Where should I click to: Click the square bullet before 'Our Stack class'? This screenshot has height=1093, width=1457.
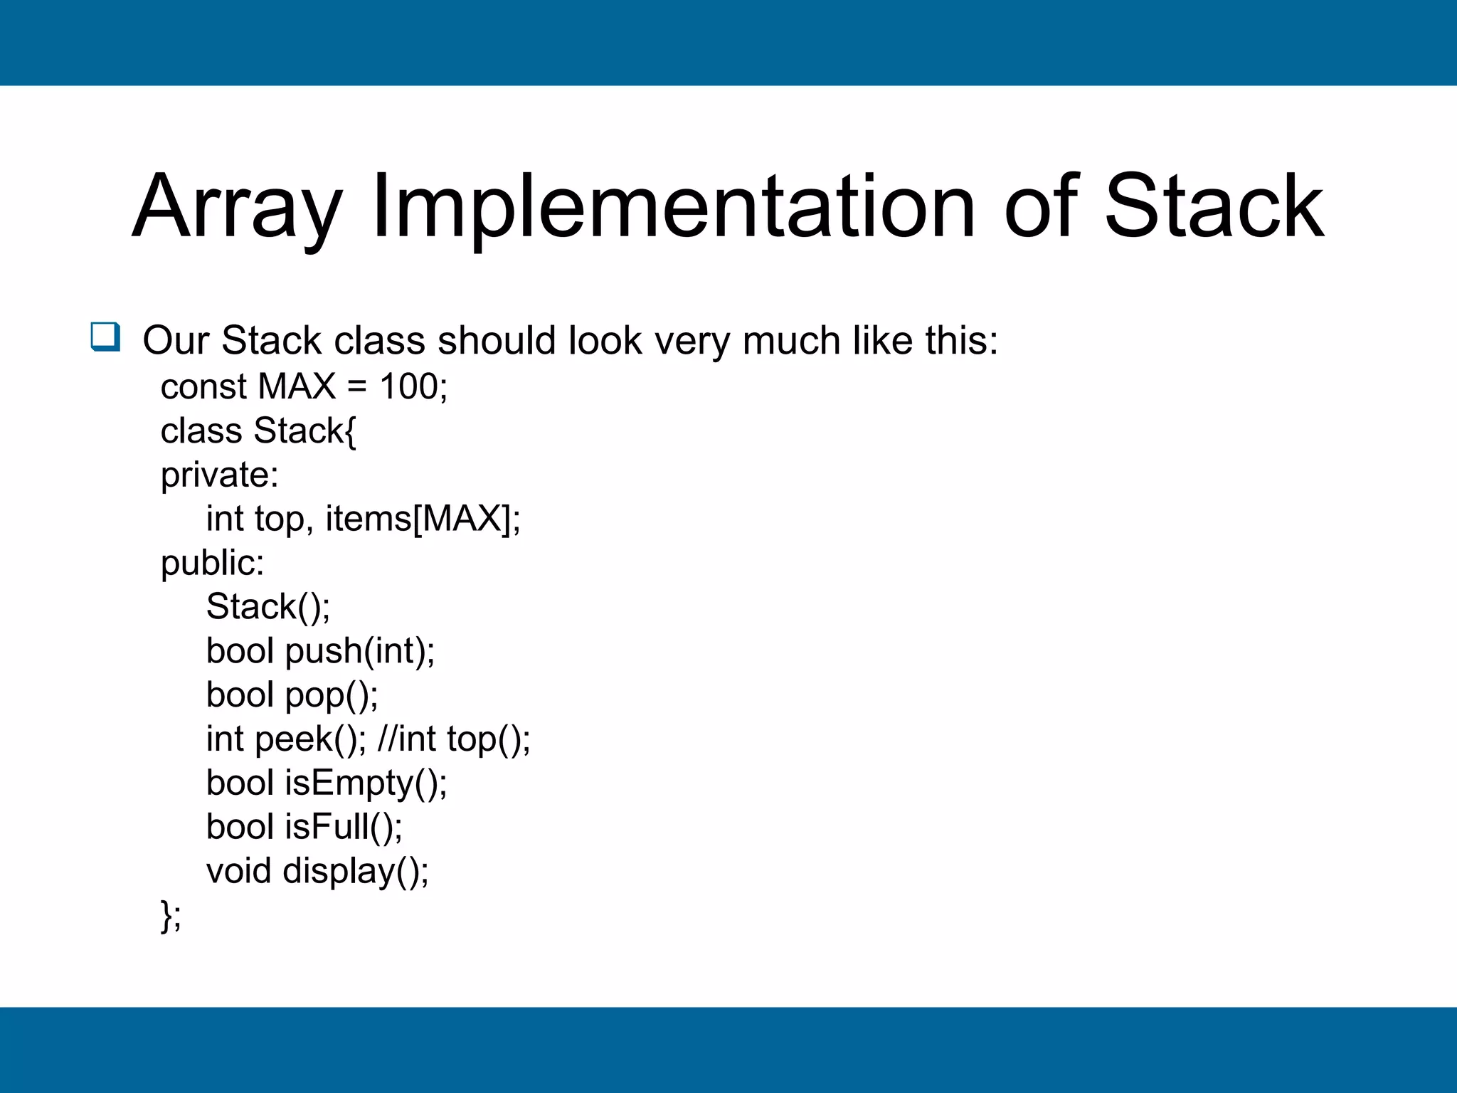(x=105, y=337)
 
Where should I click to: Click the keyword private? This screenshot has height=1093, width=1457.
(x=219, y=475)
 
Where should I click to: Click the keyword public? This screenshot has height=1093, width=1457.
(x=212, y=564)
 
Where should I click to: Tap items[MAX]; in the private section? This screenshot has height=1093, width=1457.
(x=423, y=519)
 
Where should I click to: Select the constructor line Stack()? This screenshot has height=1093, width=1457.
(x=268, y=608)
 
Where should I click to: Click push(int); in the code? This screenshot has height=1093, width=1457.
(x=360, y=651)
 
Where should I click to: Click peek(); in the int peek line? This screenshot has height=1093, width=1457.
(x=311, y=739)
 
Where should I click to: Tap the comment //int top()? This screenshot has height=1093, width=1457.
(x=454, y=739)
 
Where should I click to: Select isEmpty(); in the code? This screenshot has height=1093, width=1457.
(x=366, y=783)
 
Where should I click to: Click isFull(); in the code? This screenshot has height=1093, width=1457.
(x=344, y=828)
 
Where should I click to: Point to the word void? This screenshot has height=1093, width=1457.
(x=238, y=872)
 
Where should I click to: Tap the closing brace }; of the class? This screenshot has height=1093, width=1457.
(x=171, y=916)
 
